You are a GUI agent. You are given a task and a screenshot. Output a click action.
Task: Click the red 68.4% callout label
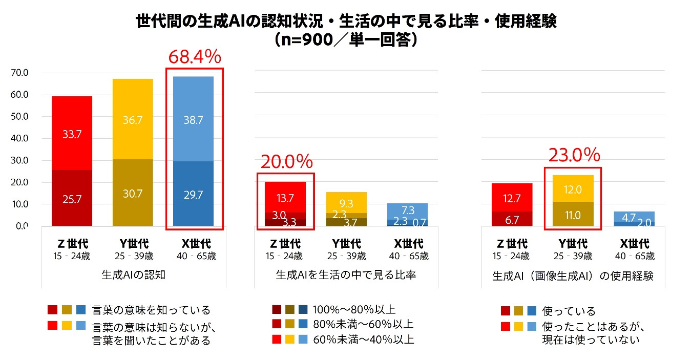(x=194, y=57)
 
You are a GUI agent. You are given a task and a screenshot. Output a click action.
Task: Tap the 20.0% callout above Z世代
(x=287, y=162)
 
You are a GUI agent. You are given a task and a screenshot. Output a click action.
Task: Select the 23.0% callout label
(x=574, y=155)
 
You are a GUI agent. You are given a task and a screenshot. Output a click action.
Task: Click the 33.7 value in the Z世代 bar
(x=72, y=134)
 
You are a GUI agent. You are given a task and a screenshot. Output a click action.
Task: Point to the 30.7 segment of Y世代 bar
(x=133, y=194)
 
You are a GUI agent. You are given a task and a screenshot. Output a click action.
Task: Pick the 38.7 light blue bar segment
(x=194, y=120)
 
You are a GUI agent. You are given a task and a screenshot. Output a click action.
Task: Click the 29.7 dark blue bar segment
(x=194, y=194)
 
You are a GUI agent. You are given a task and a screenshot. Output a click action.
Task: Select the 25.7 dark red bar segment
(x=72, y=199)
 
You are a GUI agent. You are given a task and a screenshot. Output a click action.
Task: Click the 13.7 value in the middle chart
(x=285, y=198)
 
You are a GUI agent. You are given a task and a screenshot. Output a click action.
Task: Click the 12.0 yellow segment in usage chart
(x=573, y=189)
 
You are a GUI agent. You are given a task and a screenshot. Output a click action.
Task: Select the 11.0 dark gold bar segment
(x=573, y=215)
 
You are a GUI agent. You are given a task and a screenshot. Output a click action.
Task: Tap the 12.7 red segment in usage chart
(x=512, y=199)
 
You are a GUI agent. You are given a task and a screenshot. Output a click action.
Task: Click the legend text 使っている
(x=570, y=311)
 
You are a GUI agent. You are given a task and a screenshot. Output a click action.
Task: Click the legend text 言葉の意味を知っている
(x=151, y=310)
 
